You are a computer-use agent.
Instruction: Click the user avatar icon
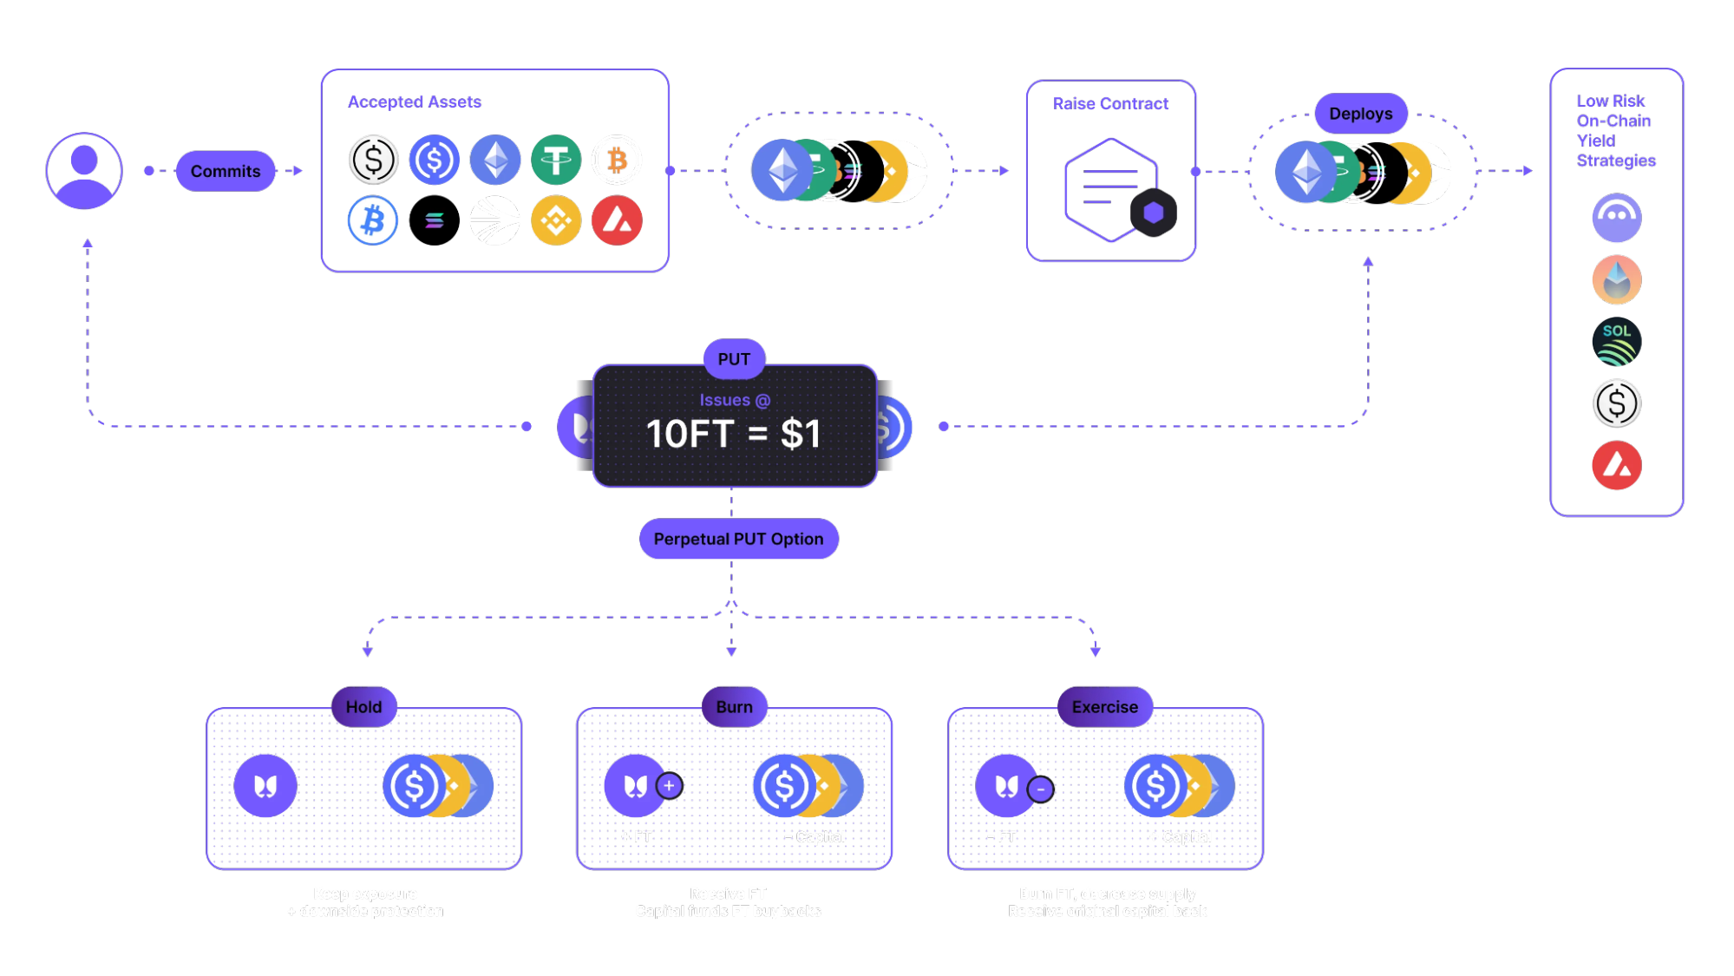[x=84, y=171]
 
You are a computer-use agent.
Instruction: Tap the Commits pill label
[x=226, y=171]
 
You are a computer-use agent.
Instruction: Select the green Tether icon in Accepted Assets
[x=556, y=160]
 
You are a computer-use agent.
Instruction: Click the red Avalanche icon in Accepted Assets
[x=617, y=220]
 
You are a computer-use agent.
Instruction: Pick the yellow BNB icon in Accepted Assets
[x=556, y=220]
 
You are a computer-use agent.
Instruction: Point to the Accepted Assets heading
[x=415, y=102]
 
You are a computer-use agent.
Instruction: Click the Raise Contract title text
[x=1110, y=104]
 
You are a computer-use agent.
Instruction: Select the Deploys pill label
[x=1360, y=114]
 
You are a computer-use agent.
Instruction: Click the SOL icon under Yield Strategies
[x=1616, y=342]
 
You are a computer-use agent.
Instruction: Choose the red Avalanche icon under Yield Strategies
[x=1616, y=465]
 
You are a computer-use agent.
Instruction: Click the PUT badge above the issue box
[x=734, y=359]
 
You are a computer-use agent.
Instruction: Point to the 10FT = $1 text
[x=734, y=434]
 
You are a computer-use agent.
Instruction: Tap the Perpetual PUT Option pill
[x=738, y=539]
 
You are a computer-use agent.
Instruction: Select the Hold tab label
[x=363, y=707]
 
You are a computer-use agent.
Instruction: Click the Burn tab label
[x=734, y=707]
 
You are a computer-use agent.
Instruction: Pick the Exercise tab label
[x=1104, y=707]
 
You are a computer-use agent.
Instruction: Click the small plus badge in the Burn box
[x=669, y=786]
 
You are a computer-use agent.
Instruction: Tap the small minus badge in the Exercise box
[x=1040, y=789]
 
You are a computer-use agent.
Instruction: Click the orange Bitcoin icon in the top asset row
[x=617, y=160]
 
